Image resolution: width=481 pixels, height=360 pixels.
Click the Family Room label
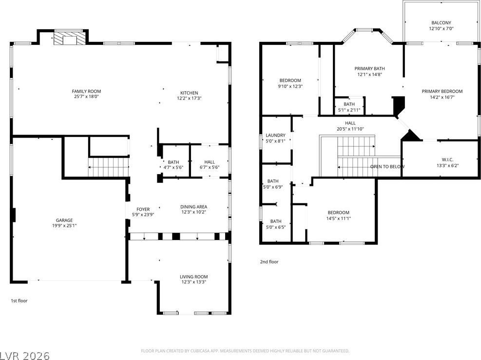click(86, 91)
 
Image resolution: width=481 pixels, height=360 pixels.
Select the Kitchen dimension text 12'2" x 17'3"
click(189, 99)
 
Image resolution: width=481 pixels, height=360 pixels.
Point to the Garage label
click(64, 220)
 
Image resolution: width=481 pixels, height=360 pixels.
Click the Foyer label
click(143, 209)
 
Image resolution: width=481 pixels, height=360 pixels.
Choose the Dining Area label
click(193, 207)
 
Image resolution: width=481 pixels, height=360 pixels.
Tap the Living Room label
click(193, 277)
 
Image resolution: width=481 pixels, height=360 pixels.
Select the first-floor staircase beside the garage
click(108, 167)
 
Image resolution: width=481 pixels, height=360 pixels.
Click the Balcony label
click(441, 23)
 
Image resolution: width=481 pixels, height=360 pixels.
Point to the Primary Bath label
click(369, 68)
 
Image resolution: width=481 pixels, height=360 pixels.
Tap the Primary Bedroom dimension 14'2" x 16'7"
click(442, 97)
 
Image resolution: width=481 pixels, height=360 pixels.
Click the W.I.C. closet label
click(447, 160)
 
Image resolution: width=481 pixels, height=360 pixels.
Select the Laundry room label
click(275, 135)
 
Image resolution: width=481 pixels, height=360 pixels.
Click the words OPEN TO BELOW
click(387, 166)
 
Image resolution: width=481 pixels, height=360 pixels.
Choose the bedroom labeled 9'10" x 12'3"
click(290, 83)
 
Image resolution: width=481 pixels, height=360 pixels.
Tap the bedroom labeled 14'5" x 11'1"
click(338, 215)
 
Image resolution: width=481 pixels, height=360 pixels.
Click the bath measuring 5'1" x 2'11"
click(349, 107)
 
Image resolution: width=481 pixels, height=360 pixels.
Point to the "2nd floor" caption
click(269, 261)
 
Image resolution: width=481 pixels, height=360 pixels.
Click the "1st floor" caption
click(19, 300)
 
